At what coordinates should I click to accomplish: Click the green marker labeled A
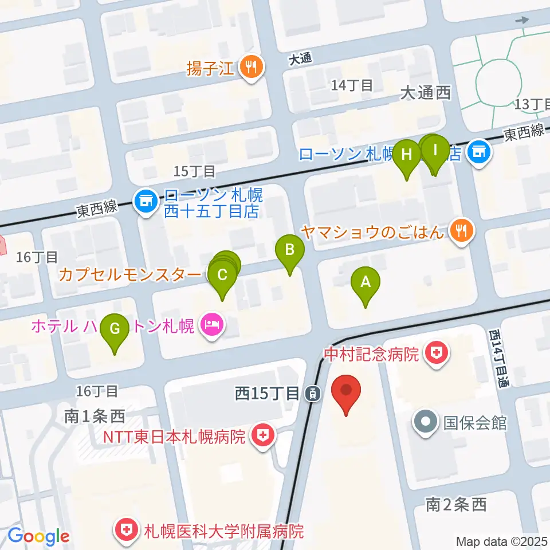tap(366, 282)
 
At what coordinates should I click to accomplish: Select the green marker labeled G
tap(115, 330)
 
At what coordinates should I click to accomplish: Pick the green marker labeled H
tap(407, 155)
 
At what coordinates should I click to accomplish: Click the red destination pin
tap(347, 391)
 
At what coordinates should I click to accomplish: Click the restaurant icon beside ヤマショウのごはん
tap(461, 230)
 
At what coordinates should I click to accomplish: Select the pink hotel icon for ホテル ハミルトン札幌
tap(212, 326)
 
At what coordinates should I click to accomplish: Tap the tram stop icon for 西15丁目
tap(313, 394)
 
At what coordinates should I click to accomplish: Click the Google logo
tap(38, 536)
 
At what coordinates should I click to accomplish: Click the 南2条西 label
tap(456, 504)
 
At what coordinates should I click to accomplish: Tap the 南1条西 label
tap(94, 417)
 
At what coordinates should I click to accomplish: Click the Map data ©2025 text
tap(501, 541)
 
